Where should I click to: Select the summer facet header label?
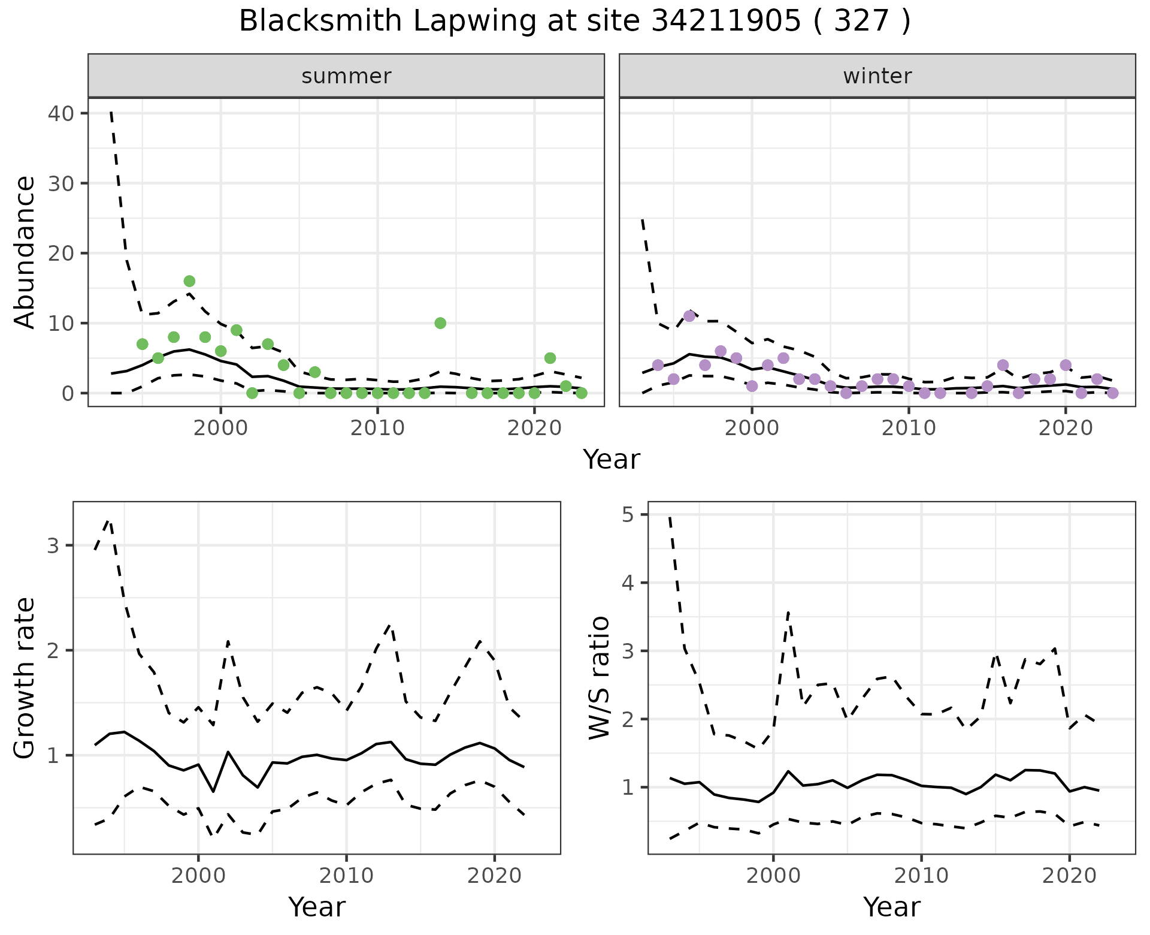pos(346,76)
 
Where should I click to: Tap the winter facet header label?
pos(877,76)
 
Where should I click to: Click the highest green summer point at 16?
pos(189,281)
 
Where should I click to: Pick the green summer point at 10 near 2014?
pos(440,323)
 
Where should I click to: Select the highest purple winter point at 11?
pos(689,316)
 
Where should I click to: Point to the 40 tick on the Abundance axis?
pos(59,113)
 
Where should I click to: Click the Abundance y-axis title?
pos(25,252)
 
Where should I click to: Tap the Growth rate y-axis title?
pos(25,678)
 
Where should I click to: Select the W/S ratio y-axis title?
pos(600,678)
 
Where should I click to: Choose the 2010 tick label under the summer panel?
pos(377,429)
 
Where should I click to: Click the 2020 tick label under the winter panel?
pos(1065,429)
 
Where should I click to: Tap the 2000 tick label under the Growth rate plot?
pos(198,876)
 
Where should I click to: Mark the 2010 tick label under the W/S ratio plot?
pos(921,876)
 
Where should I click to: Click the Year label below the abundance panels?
pos(612,460)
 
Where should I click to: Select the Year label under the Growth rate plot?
pos(317,907)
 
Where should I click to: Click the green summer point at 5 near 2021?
pos(550,358)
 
